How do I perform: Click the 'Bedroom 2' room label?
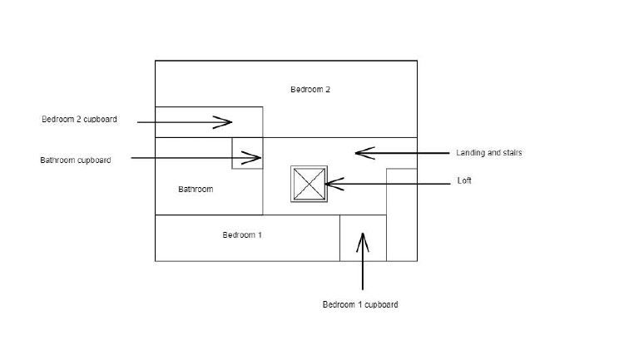point(310,90)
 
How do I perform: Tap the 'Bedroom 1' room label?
point(242,235)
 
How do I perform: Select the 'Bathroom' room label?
point(196,190)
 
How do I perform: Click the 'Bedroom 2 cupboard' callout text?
point(79,120)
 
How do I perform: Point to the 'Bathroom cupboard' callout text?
point(75,160)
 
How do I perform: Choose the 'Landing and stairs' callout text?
point(488,153)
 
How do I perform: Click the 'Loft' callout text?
point(464,181)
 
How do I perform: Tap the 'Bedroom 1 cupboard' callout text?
point(359,305)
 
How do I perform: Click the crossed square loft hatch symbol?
point(306,184)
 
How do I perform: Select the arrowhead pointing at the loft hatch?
point(334,183)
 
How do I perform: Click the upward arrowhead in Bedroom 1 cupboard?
point(362,243)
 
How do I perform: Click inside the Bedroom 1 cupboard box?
point(363,249)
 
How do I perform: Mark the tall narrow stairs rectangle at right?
point(401,215)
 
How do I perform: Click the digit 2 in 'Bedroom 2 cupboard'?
point(80,120)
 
